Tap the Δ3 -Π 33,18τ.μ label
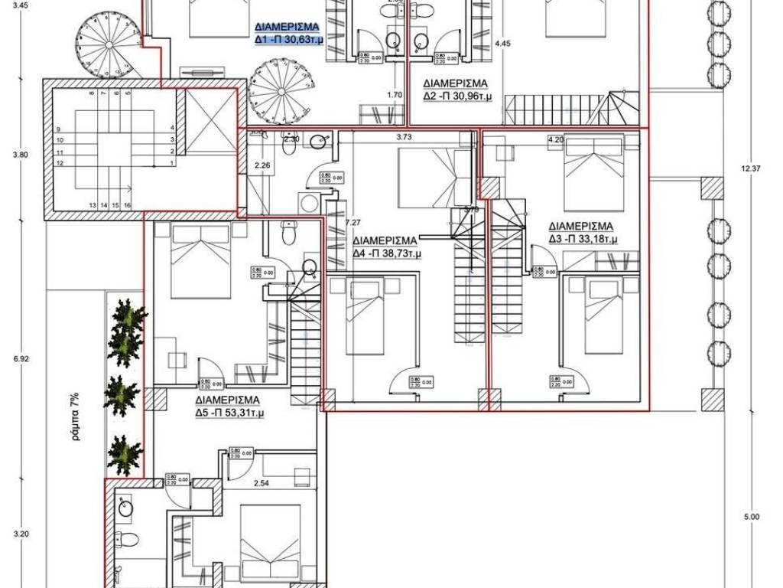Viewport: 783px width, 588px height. click(x=583, y=240)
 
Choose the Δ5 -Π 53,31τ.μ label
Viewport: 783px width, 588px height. click(x=226, y=413)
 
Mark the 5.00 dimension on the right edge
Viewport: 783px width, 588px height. click(x=752, y=517)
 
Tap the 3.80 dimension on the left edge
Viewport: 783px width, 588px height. click(x=21, y=155)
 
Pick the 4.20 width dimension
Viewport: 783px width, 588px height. click(x=555, y=140)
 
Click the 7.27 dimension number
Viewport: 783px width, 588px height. click(x=353, y=223)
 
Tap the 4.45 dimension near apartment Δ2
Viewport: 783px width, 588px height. click(x=502, y=44)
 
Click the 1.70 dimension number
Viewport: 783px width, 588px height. click(x=395, y=96)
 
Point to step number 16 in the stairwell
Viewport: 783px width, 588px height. click(x=128, y=205)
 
